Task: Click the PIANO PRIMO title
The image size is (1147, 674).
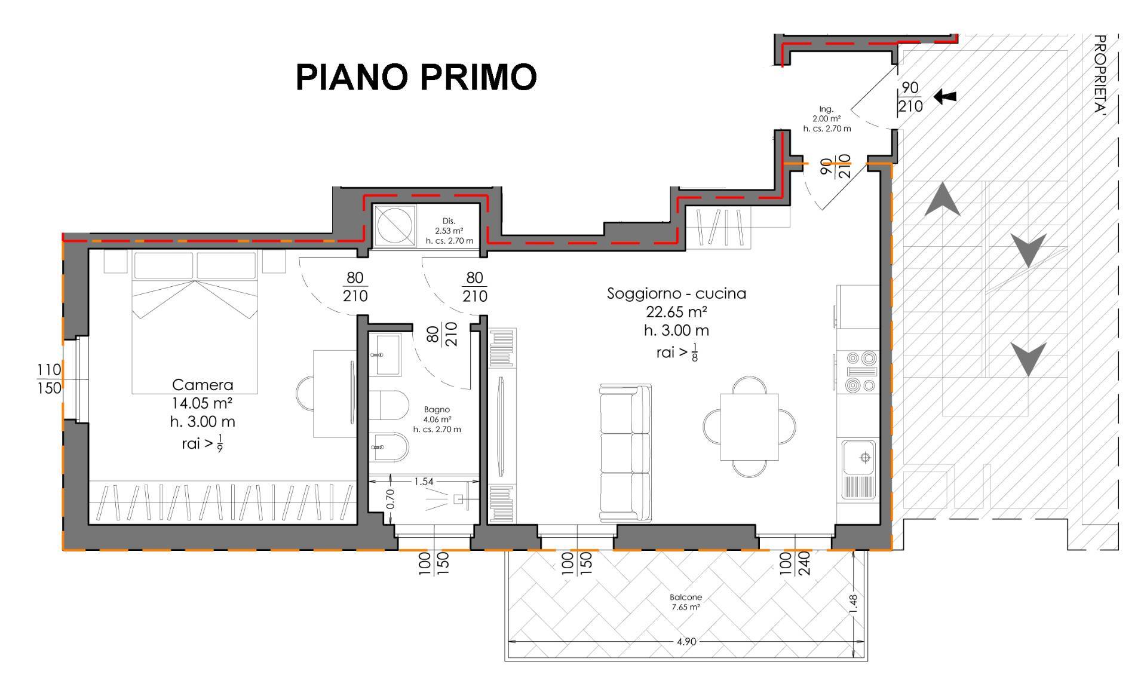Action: pos(416,77)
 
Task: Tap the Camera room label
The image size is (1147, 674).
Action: pos(203,385)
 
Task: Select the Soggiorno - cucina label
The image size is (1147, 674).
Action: pos(677,293)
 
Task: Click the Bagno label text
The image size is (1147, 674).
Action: pos(437,409)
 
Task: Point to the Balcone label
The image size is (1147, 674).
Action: pos(686,597)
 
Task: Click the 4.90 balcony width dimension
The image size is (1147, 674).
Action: pos(686,642)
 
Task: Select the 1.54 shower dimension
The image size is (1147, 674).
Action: pos(424,481)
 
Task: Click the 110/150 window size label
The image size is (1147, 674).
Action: pos(49,379)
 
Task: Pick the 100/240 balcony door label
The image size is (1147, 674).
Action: pos(795,563)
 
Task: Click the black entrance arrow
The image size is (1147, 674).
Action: pos(945,96)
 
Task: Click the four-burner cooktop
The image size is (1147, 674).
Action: pos(861,372)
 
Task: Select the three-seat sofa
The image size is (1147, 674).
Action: pos(625,452)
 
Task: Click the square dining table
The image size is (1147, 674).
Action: pos(750,427)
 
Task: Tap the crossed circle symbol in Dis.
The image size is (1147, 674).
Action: pos(394,225)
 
